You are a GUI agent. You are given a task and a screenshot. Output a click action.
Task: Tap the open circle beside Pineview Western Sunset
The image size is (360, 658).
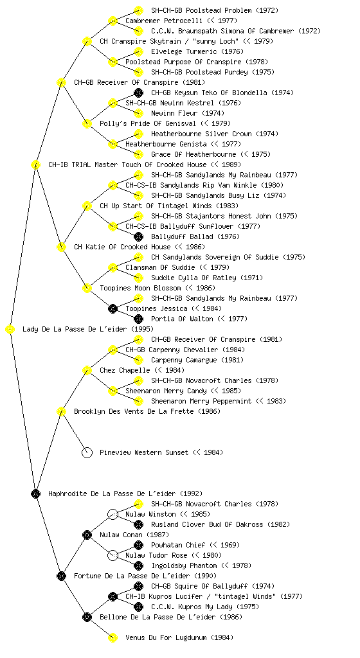[87, 452]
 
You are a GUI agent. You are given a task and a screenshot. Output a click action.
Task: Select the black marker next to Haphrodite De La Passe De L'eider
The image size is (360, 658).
[35, 493]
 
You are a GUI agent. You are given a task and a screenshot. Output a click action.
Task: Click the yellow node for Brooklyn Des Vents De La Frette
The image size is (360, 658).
[61, 411]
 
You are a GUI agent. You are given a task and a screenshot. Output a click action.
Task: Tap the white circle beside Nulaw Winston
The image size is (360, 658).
[113, 514]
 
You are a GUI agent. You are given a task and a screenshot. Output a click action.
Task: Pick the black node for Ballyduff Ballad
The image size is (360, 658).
[138, 236]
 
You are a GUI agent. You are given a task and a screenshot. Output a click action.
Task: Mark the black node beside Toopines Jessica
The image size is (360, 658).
[113, 308]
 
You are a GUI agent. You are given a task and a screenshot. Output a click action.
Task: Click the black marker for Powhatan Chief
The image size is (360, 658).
[138, 545]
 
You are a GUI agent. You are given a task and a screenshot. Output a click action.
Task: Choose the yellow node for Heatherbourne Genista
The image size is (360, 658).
[113, 144]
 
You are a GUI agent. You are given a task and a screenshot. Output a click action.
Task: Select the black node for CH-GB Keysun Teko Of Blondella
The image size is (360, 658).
[138, 93]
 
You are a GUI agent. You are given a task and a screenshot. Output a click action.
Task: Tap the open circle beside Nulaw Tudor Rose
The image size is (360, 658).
[113, 555]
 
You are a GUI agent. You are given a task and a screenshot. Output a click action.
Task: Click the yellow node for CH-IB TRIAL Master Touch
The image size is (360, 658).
[35, 164]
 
